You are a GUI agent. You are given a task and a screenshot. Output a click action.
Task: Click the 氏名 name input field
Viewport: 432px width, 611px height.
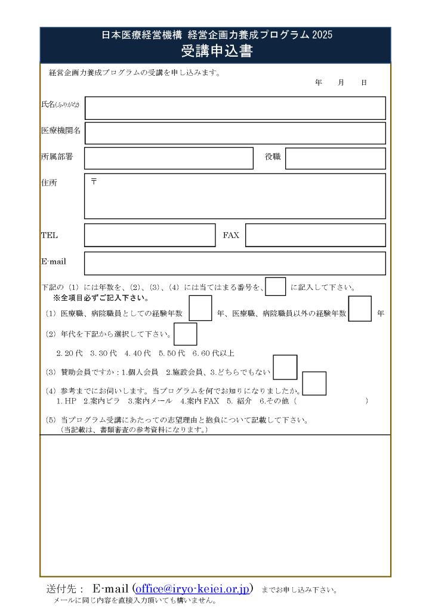[235, 108]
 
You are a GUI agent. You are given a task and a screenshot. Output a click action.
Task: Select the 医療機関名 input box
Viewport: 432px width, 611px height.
[235, 133]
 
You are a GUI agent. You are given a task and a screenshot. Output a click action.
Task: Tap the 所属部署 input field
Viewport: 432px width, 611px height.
[169, 158]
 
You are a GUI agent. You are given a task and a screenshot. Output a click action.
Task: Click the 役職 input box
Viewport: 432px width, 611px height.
[335, 158]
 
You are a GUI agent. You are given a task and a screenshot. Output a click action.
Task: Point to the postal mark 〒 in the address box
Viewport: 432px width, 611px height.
[94, 181]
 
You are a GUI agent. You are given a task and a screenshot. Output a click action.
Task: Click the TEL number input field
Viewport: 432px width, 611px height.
[150, 235]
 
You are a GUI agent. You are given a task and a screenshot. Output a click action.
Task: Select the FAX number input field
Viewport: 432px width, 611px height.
[315, 235]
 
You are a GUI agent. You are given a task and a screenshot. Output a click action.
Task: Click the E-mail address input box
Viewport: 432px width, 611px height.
[235, 263]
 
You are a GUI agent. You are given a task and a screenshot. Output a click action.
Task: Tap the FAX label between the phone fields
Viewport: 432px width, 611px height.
[231, 236]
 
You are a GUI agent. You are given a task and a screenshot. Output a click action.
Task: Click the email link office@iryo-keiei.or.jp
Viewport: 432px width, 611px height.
[192, 589]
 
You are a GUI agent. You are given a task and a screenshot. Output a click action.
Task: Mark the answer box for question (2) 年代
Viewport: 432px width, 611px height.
[186, 334]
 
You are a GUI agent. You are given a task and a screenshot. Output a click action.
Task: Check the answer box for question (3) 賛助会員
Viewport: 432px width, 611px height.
[285, 367]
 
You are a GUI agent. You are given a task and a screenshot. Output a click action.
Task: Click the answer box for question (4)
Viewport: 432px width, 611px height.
[314, 383]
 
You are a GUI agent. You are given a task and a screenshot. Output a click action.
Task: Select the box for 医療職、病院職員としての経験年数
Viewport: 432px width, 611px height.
[200, 308]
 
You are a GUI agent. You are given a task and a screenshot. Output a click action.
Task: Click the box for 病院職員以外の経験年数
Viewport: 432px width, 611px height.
[360, 308]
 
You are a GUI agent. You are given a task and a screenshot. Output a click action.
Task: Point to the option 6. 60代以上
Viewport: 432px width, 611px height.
[213, 353]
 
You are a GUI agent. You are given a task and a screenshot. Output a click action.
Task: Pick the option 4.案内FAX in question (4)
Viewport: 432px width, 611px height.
[200, 401]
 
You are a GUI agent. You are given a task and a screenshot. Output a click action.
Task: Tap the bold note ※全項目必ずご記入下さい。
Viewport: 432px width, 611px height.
[101, 298]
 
